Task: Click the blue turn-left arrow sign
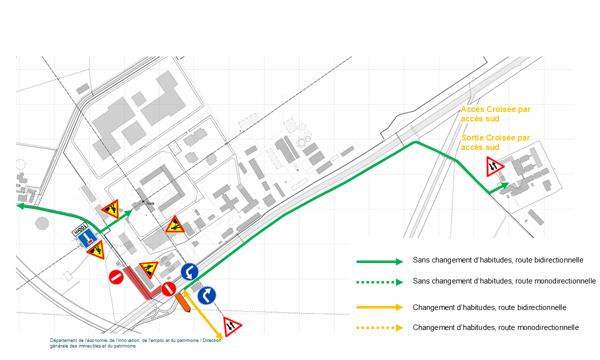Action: coord(190,271)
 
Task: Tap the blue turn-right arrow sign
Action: coord(207,295)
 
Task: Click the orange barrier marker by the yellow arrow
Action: coord(183,302)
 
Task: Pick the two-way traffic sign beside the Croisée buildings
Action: coord(494,166)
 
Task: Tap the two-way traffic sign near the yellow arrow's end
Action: coord(232,326)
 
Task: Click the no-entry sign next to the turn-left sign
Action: coord(169,289)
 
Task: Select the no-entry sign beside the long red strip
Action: coord(116,277)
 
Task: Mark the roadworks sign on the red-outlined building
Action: coord(149,269)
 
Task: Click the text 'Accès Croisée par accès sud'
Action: coord(495,114)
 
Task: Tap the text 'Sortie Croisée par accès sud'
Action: coord(495,142)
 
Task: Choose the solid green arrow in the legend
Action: coord(380,262)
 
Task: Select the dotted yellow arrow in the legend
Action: coord(380,327)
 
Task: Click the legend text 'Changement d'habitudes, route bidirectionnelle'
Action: coord(489,307)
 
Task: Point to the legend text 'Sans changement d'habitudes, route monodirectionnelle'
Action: coord(504,281)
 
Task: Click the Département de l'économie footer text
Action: coord(136,343)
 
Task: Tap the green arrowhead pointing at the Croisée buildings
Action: coord(505,185)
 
